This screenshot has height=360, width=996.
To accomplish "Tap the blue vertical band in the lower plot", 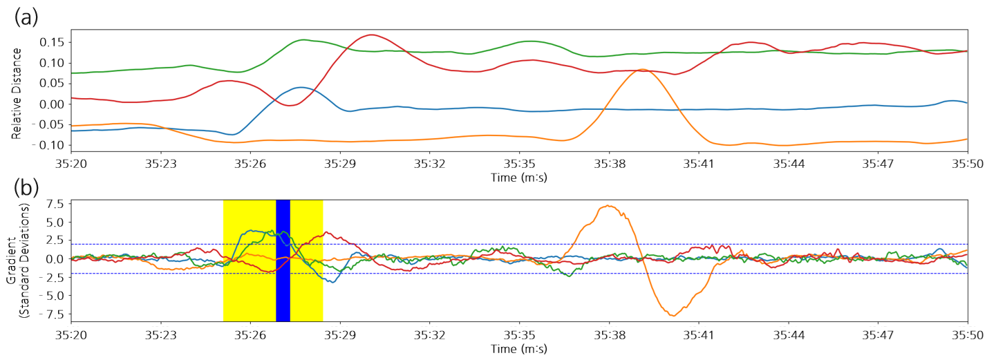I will click(283, 260).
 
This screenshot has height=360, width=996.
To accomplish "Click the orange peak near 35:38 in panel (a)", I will click(642, 70).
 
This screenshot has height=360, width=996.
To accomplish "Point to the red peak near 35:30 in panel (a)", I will click(372, 35).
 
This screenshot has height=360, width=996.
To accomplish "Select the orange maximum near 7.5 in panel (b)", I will click(608, 206).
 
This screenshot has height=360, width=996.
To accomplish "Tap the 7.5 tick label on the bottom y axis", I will click(55, 204).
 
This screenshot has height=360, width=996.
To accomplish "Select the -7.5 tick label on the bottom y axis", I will click(53, 314).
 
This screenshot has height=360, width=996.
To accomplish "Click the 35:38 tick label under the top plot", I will click(609, 164).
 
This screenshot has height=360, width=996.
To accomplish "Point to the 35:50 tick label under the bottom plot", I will click(967, 334).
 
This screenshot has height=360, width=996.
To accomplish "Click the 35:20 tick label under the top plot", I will click(71, 164).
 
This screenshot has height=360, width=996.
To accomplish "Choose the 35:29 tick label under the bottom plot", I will click(340, 334).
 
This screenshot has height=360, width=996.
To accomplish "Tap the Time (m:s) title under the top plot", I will click(519, 178).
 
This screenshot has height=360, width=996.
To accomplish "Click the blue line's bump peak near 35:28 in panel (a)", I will click(299, 87).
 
